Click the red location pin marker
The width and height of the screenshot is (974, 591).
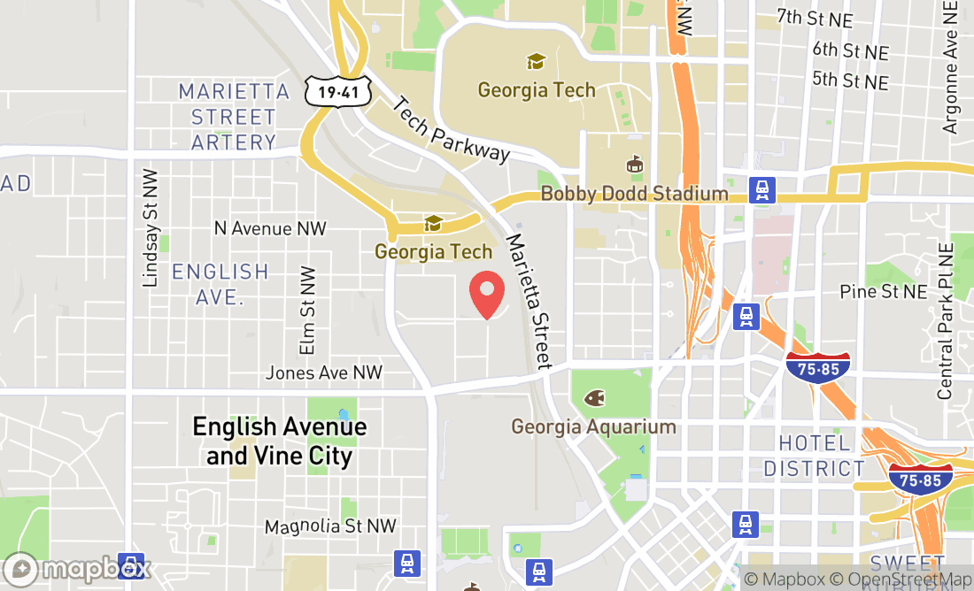tap(486, 295)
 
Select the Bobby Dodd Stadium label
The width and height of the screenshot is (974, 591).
tap(634, 194)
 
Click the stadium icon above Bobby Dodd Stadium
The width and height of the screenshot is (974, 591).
tap(634, 165)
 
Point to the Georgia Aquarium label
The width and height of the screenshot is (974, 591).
tap(593, 427)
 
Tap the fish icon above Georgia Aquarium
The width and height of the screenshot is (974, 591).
tap(593, 397)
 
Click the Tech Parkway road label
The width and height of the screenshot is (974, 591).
tap(451, 129)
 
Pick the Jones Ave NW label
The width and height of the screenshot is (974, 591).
tap(324, 372)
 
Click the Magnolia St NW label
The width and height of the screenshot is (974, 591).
tap(330, 526)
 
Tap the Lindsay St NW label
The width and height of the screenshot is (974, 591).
tap(150, 228)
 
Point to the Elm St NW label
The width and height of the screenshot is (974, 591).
tap(307, 311)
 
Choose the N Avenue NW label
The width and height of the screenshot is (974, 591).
tap(270, 228)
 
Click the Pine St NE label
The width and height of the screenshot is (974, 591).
tap(883, 291)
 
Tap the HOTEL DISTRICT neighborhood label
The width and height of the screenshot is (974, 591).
tap(814, 456)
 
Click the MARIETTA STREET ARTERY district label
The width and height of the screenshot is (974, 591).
tap(234, 117)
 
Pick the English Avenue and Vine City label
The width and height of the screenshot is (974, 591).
tap(280, 441)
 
